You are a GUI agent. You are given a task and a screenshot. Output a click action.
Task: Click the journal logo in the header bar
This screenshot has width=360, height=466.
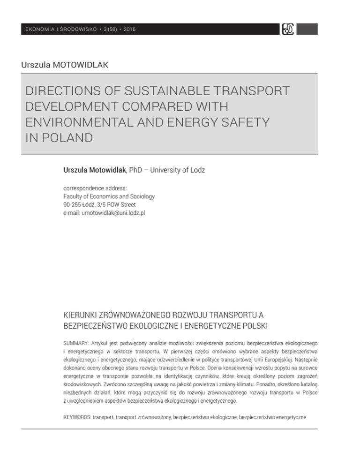point(287,29)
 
